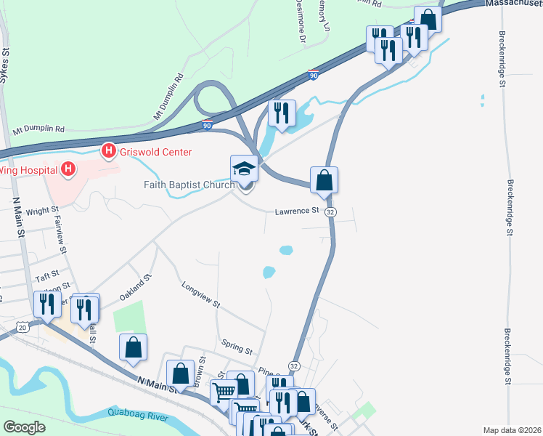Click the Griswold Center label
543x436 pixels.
(x=155, y=152)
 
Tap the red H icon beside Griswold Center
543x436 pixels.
(x=108, y=152)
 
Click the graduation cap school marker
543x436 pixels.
(x=245, y=170)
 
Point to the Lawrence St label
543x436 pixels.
(x=297, y=211)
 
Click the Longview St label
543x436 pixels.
(x=201, y=295)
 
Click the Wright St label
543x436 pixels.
(x=42, y=211)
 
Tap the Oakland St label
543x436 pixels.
(x=135, y=288)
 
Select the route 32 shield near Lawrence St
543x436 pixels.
(x=330, y=211)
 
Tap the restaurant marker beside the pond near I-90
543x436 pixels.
(x=281, y=113)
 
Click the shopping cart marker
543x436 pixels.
(x=224, y=392)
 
